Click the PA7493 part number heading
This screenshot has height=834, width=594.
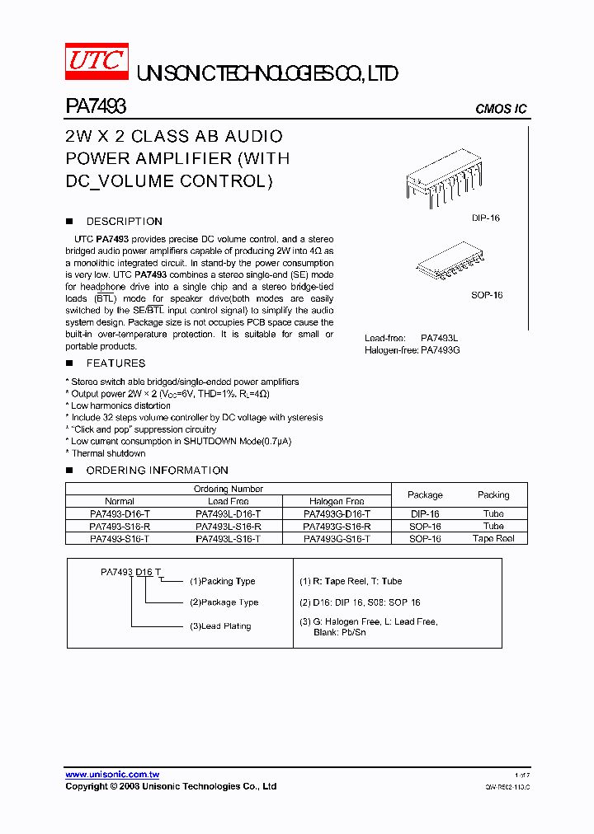click(95, 106)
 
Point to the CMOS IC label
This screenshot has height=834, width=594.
click(501, 110)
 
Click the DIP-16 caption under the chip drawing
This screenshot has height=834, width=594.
click(485, 218)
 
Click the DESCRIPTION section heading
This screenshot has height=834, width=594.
click(124, 222)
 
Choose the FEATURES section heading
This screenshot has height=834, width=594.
click(115, 363)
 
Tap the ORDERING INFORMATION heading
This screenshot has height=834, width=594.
click(157, 471)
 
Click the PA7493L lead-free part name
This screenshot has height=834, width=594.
click(439, 338)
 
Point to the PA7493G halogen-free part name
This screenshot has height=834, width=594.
click(440, 350)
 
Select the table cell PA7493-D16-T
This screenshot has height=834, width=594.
click(120, 513)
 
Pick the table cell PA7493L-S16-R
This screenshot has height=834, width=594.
click(229, 526)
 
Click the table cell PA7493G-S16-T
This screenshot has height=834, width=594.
click(337, 538)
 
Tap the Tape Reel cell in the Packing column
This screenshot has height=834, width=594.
click(493, 538)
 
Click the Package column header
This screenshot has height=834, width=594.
click(425, 495)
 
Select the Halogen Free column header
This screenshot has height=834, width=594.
click(337, 501)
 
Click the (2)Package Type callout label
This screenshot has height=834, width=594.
click(224, 602)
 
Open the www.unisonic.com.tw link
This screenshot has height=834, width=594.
click(112, 775)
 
